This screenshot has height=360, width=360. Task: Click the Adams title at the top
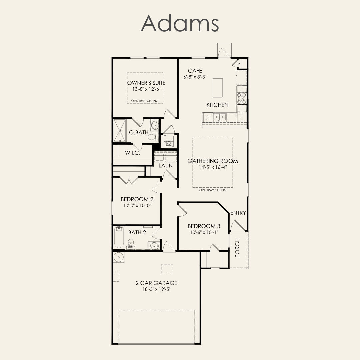(180, 23)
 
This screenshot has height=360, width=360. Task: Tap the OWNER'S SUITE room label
(146, 83)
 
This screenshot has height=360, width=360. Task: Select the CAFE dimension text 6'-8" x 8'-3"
(195, 77)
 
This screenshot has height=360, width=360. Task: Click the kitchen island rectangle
(218, 88)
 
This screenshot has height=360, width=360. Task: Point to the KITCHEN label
(217, 105)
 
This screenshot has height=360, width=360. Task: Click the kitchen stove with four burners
(242, 98)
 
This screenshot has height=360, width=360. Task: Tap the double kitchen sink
(220, 117)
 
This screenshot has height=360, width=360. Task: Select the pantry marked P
(239, 64)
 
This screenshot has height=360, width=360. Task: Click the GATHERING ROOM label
(213, 161)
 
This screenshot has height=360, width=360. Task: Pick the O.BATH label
(139, 132)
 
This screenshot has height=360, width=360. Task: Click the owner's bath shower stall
(120, 130)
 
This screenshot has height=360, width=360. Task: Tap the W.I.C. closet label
(132, 153)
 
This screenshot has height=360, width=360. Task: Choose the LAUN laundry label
(166, 166)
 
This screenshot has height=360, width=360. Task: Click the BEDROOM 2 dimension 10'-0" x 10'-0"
(137, 205)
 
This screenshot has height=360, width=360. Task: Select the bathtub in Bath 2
(119, 238)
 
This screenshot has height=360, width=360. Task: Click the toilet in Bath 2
(131, 244)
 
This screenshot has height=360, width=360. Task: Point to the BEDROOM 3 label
(204, 226)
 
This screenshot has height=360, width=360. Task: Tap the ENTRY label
(238, 213)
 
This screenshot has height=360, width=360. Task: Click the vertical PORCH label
(237, 248)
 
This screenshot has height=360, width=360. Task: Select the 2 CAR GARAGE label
(156, 283)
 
